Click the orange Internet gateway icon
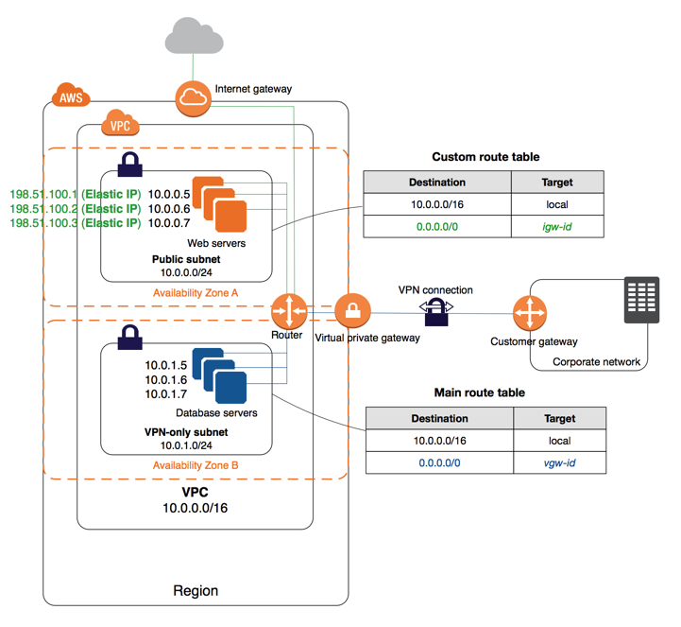[192, 97]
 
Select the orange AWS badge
[71, 96]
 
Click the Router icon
[287, 310]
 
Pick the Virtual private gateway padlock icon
[351, 310]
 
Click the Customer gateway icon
[529, 312]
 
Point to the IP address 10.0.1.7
[167, 394]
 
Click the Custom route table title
[485, 157]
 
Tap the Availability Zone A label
[196, 293]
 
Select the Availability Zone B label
[196, 465]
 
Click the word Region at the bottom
[196, 591]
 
